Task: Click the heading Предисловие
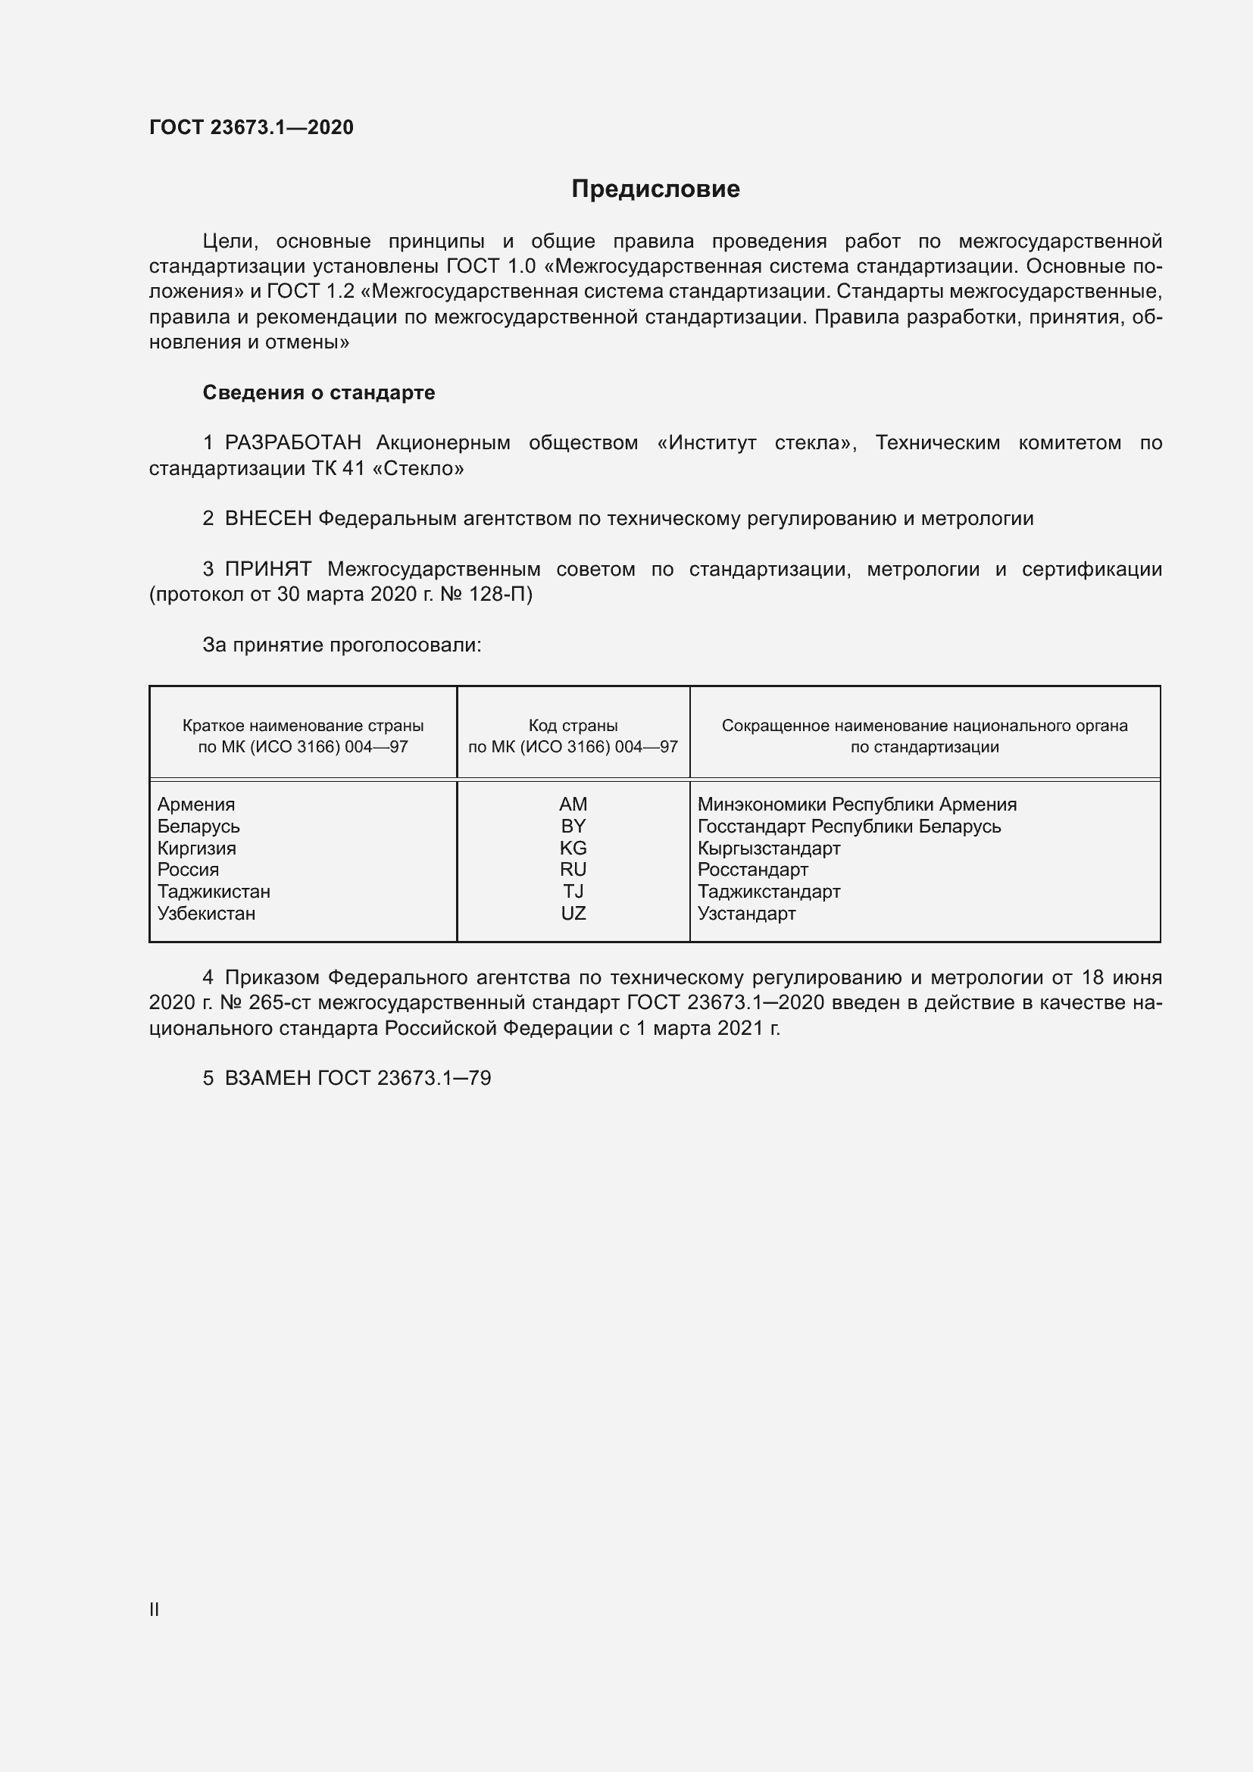click(x=655, y=189)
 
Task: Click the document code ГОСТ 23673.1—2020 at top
click(x=251, y=127)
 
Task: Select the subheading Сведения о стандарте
click(x=318, y=393)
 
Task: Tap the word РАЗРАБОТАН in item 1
click(x=292, y=443)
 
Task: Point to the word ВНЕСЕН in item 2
click(x=267, y=519)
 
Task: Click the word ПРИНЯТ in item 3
click(x=267, y=570)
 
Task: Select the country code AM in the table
click(x=573, y=805)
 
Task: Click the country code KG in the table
click(x=573, y=848)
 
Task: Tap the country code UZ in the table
click(x=573, y=914)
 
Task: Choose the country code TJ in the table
click(x=573, y=892)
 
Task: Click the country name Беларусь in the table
click(x=198, y=827)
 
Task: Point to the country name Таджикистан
click(x=214, y=892)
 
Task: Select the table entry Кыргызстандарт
click(x=768, y=848)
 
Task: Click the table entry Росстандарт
click(x=752, y=870)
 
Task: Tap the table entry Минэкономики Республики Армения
click(x=857, y=805)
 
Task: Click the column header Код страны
click(x=573, y=726)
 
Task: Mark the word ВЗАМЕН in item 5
click(x=267, y=1078)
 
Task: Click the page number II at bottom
click(x=155, y=1610)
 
